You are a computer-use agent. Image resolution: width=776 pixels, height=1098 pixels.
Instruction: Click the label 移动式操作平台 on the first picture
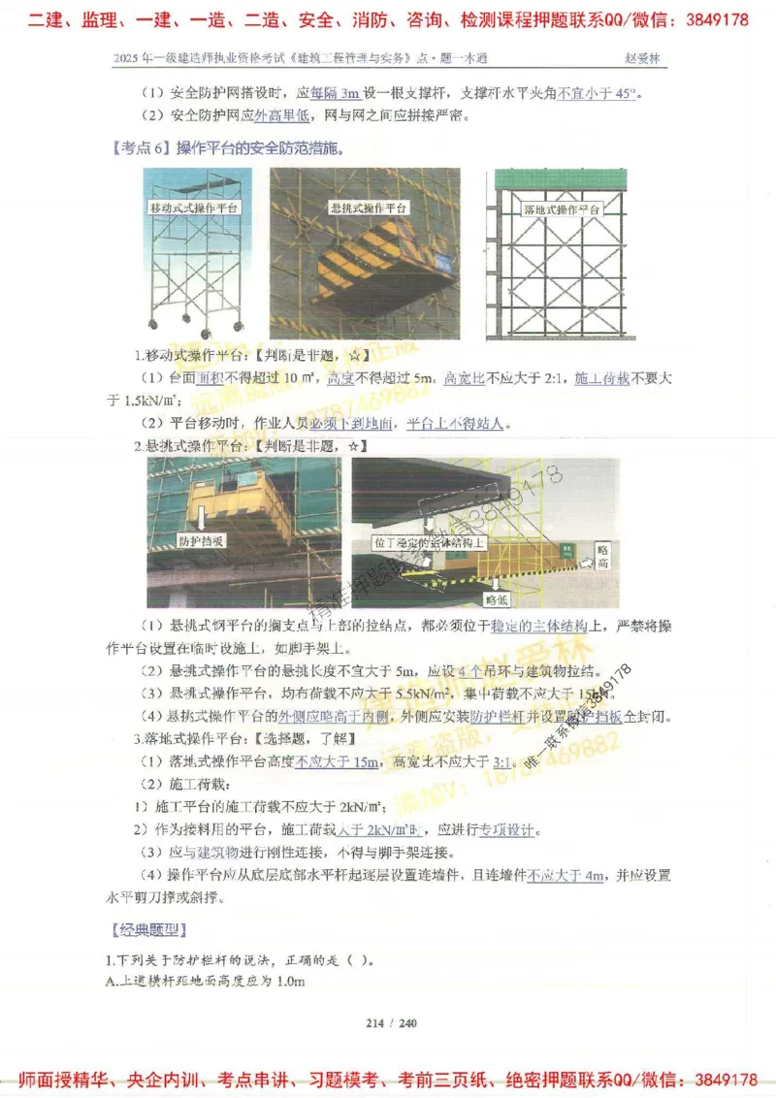click(194, 209)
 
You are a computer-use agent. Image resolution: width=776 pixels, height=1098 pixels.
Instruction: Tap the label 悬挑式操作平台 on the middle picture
click(369, 209)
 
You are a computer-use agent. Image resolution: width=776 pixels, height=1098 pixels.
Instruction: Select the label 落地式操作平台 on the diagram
click(562, 210)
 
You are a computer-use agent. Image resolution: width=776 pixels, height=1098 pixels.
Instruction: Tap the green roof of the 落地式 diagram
click(562, 179)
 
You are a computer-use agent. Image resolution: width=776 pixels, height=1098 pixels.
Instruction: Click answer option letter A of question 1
click(112, 982)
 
